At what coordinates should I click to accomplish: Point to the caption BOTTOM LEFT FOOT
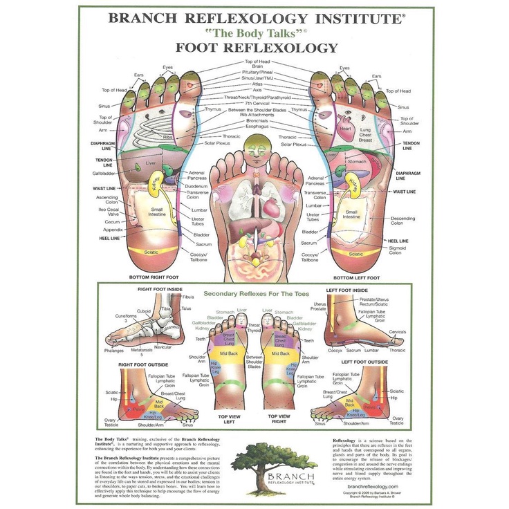[355, 276]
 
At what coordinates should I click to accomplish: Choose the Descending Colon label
[402, 221]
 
